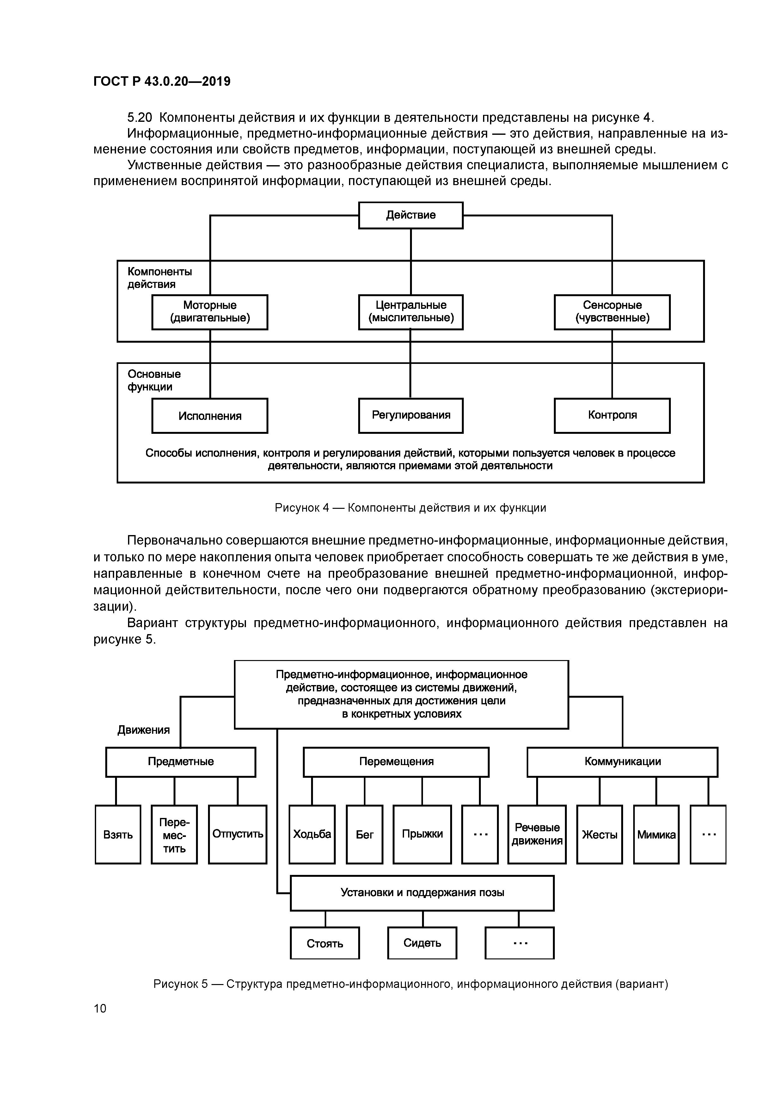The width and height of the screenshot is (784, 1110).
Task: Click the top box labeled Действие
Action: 411,215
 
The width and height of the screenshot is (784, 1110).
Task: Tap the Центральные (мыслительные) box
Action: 411,312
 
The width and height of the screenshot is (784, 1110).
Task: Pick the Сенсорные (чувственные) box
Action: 612,312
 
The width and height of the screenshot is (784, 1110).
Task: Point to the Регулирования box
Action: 411,415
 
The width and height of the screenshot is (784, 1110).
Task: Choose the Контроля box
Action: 612,415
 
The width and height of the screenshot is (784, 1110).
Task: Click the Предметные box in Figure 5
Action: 181,762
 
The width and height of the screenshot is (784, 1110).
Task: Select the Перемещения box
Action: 396,762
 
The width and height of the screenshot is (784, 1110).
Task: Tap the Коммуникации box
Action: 622,762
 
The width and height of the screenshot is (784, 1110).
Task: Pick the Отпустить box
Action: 238,834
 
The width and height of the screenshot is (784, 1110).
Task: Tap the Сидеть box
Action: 422,943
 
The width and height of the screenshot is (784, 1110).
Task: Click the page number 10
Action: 100,1008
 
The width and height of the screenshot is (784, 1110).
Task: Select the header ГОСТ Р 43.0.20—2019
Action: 162,82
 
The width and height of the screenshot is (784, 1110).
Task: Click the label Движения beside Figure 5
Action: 144,730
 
